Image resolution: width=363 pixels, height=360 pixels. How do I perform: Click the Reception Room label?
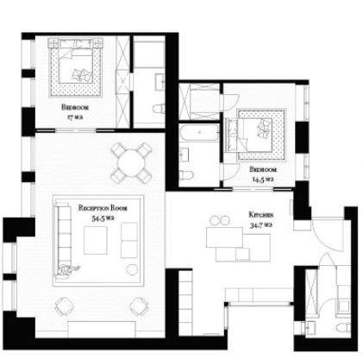click(103, 208)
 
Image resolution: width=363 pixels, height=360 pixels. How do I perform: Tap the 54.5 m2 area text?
click(103, 218)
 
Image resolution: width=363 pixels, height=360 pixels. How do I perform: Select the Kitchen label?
click(261, 215)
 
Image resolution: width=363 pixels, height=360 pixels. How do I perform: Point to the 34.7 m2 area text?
click(260, 225)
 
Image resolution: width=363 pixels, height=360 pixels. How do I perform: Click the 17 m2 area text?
click(75, 117)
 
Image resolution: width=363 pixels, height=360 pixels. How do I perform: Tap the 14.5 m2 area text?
click(262, 180)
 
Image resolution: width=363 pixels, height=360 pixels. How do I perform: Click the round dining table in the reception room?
click(131, 163)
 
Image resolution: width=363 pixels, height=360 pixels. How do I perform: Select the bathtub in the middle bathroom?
click(199, 132)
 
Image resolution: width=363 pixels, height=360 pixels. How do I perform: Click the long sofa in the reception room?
click(63, 239)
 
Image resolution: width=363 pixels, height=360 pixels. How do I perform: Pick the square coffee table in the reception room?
click(96, 240)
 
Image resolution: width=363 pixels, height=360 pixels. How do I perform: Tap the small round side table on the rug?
click(132, 269)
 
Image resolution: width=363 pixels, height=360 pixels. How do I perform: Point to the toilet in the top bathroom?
click(159, 109)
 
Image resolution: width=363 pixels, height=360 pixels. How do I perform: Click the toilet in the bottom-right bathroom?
click(343, 327)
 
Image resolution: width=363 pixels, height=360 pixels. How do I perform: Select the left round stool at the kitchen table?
click(215, 221)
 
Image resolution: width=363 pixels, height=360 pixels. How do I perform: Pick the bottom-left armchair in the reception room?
click(64, 306)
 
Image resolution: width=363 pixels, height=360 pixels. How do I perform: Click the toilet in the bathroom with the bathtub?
click(185, 174)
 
